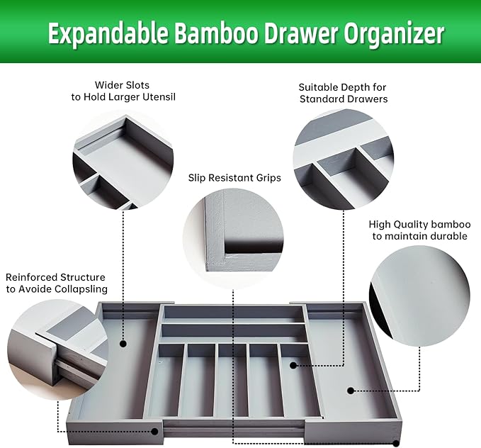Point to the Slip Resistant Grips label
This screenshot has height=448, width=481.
(234, 178)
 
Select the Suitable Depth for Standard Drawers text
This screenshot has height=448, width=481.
(343, 93)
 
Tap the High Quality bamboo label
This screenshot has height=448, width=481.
(419, 230)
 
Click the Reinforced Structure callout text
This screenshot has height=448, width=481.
(56, 283)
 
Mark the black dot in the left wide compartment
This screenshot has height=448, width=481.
(123, 343)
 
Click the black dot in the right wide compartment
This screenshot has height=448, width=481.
(350, 389)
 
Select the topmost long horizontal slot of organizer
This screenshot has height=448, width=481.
(233, 313)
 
